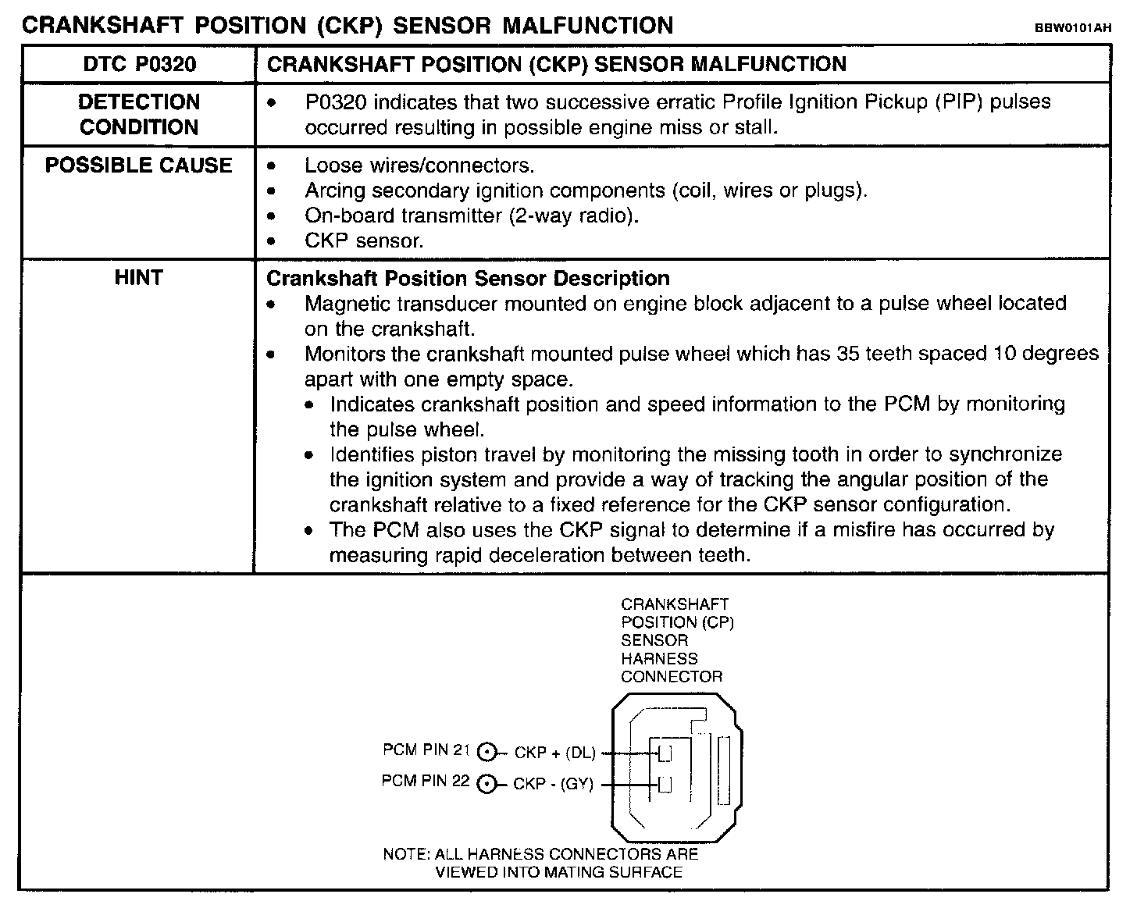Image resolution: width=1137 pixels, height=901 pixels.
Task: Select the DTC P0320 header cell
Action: click(x=139, y=64)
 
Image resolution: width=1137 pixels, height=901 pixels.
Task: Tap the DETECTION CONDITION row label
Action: click(x=139, y=114)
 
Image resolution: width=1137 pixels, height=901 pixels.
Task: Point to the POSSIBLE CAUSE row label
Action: click(x=139, y=166)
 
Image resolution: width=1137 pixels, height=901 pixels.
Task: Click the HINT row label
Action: click(x=138, y=278)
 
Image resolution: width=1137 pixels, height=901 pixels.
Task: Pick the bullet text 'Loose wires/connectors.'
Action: click(x=419, y=166)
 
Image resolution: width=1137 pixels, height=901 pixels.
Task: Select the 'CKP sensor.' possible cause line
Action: click(x=364, y=240)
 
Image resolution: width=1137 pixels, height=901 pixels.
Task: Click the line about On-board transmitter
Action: click(x=472, y=215)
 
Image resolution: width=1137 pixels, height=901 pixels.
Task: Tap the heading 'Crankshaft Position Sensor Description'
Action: click(x=469, y=278)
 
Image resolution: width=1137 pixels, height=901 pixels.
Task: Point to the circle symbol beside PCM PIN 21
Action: click(x=487, y=752)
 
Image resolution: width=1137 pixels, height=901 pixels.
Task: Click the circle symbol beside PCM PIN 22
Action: click(x=487, y=784)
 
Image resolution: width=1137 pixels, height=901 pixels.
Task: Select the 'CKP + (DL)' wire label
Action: click(x=554, y=753)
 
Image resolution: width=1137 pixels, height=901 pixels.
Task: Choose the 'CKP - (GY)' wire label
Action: click(x=553, y=784)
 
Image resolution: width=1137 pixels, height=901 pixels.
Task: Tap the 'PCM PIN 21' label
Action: click(x=426, y=750)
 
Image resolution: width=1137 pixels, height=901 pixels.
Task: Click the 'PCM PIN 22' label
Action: click(x=426, y=781)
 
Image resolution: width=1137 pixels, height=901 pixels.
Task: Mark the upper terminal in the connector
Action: click(x=665, y=753)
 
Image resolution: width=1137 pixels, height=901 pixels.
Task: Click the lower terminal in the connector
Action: click(x=665, y=785)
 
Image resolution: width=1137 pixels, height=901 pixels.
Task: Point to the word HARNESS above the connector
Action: click(x=659, y=658)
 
